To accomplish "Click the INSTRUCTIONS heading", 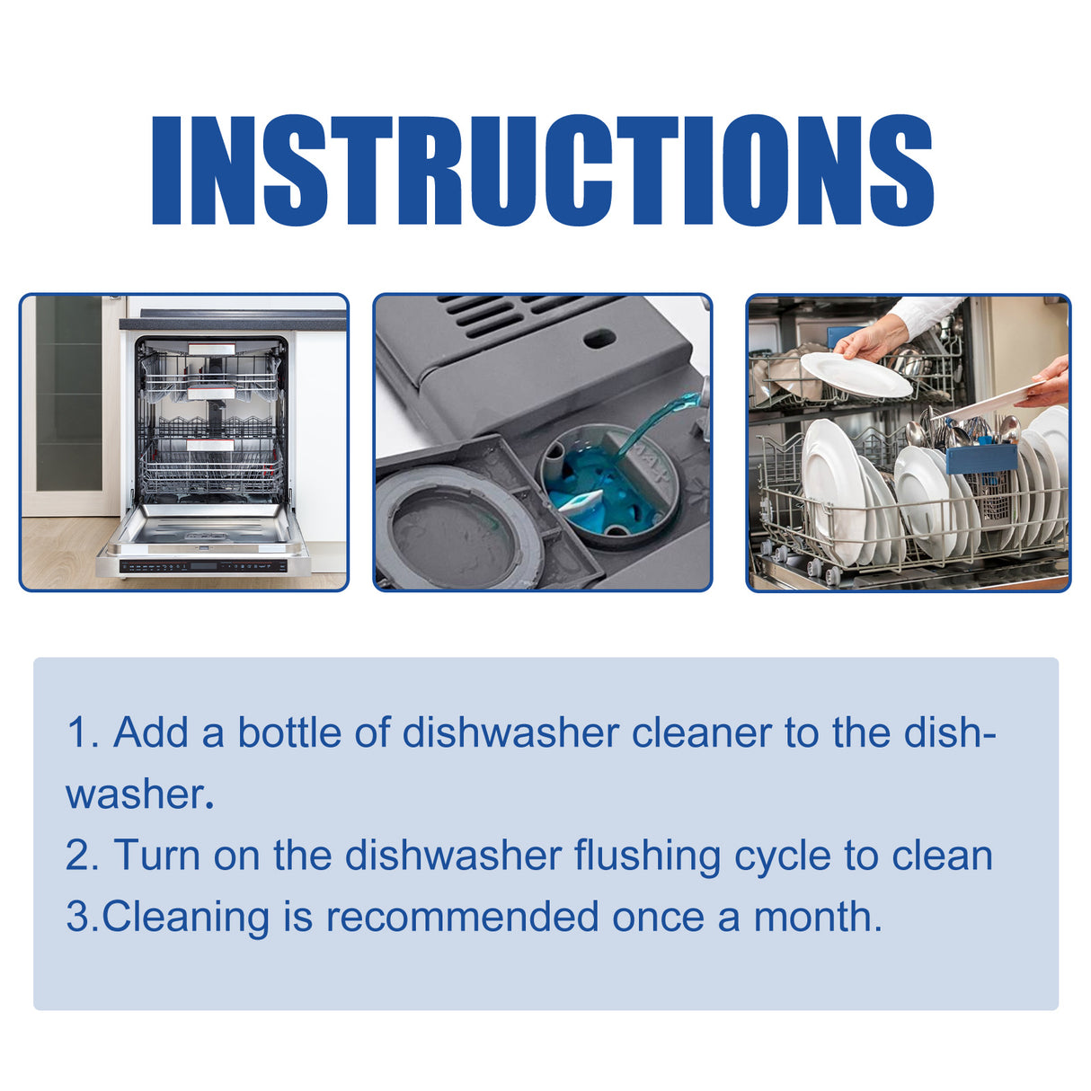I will (x=544, y=171).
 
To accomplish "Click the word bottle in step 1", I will (x=289, y=732).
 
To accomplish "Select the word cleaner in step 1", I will (x=701, y=732).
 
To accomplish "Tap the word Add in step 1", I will (x=151, y=732).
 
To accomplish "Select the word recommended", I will (x=462, y=917).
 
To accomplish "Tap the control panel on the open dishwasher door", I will (x=205, y=566).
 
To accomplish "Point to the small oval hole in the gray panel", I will (x=599, y=340).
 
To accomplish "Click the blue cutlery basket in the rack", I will (x=980, y=458).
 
